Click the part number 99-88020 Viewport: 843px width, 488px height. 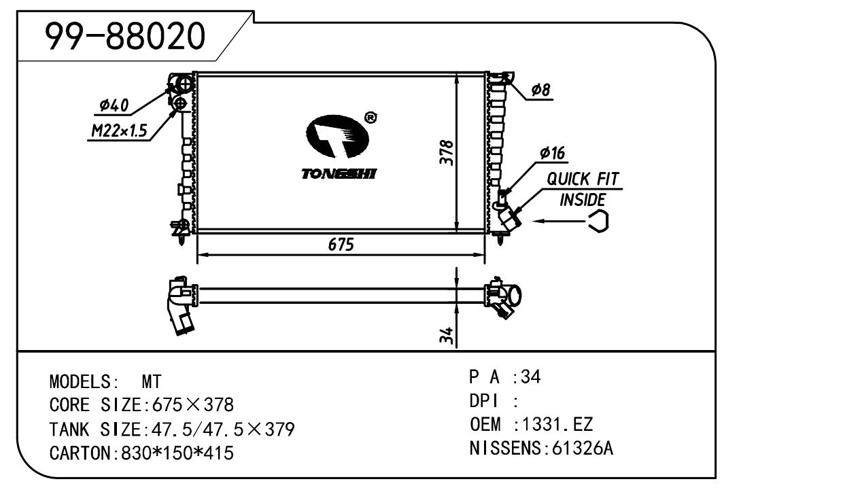tap(125, 37)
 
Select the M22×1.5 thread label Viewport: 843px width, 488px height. tap(118, 131)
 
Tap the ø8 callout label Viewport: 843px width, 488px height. tap(540, 90)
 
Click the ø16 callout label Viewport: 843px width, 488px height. tap(552, 154)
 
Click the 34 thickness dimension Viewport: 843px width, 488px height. tap(447, 335)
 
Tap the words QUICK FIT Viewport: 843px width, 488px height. tap(583, 180)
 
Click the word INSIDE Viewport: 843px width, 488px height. tap(582, 200)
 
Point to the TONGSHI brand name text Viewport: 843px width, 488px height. tap(339, 174)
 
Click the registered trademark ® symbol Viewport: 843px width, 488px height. tap(371, 118)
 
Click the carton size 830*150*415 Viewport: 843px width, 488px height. tap(177, 453)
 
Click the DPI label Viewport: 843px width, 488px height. tap(483, 402)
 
